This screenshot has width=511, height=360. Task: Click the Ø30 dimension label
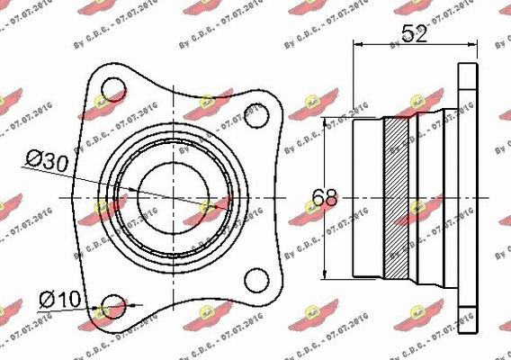[47, 161]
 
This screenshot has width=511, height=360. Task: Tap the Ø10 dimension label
[60, 298]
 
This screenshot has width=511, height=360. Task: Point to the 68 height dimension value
[327, 197]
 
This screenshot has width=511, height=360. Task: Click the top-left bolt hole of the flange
[113, 89]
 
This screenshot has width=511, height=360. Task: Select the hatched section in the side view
[396, 197]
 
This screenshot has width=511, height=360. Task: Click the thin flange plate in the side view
[466, 197]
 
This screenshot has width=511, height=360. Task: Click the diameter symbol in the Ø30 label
[32, 161]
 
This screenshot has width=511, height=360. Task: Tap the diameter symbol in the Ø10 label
[47, 298]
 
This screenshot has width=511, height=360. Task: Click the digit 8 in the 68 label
[333, 197]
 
